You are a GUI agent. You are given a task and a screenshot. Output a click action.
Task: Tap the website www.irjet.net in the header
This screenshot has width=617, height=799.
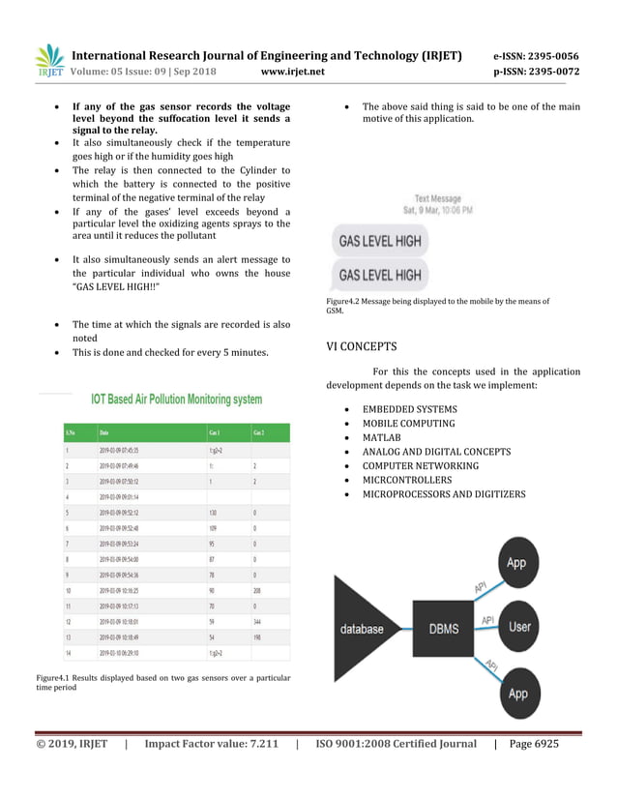pos(293,72)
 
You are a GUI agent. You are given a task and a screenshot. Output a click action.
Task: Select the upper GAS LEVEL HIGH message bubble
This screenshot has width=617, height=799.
pos(378,240)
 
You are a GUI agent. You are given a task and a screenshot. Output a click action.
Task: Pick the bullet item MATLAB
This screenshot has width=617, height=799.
pos(383,437)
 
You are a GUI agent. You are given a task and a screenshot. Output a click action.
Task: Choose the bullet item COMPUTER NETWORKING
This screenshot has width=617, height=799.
pos(420,465)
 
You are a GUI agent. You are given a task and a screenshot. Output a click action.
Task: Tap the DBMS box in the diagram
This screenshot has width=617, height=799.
pos(444,628)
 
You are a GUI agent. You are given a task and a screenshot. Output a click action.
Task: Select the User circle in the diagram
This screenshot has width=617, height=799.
pos(519,626)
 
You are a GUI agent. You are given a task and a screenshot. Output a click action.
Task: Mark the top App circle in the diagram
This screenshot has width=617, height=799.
pos(516,562)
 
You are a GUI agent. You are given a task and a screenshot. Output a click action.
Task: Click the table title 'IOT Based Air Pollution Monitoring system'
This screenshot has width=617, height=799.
pos(176,399)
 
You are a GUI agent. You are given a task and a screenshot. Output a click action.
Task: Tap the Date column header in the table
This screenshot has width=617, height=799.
pos(104,432)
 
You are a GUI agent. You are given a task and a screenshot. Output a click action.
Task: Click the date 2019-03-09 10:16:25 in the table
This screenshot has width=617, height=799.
pos(126,589)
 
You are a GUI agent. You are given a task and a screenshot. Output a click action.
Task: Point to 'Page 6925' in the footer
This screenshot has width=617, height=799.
pos(533,744)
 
